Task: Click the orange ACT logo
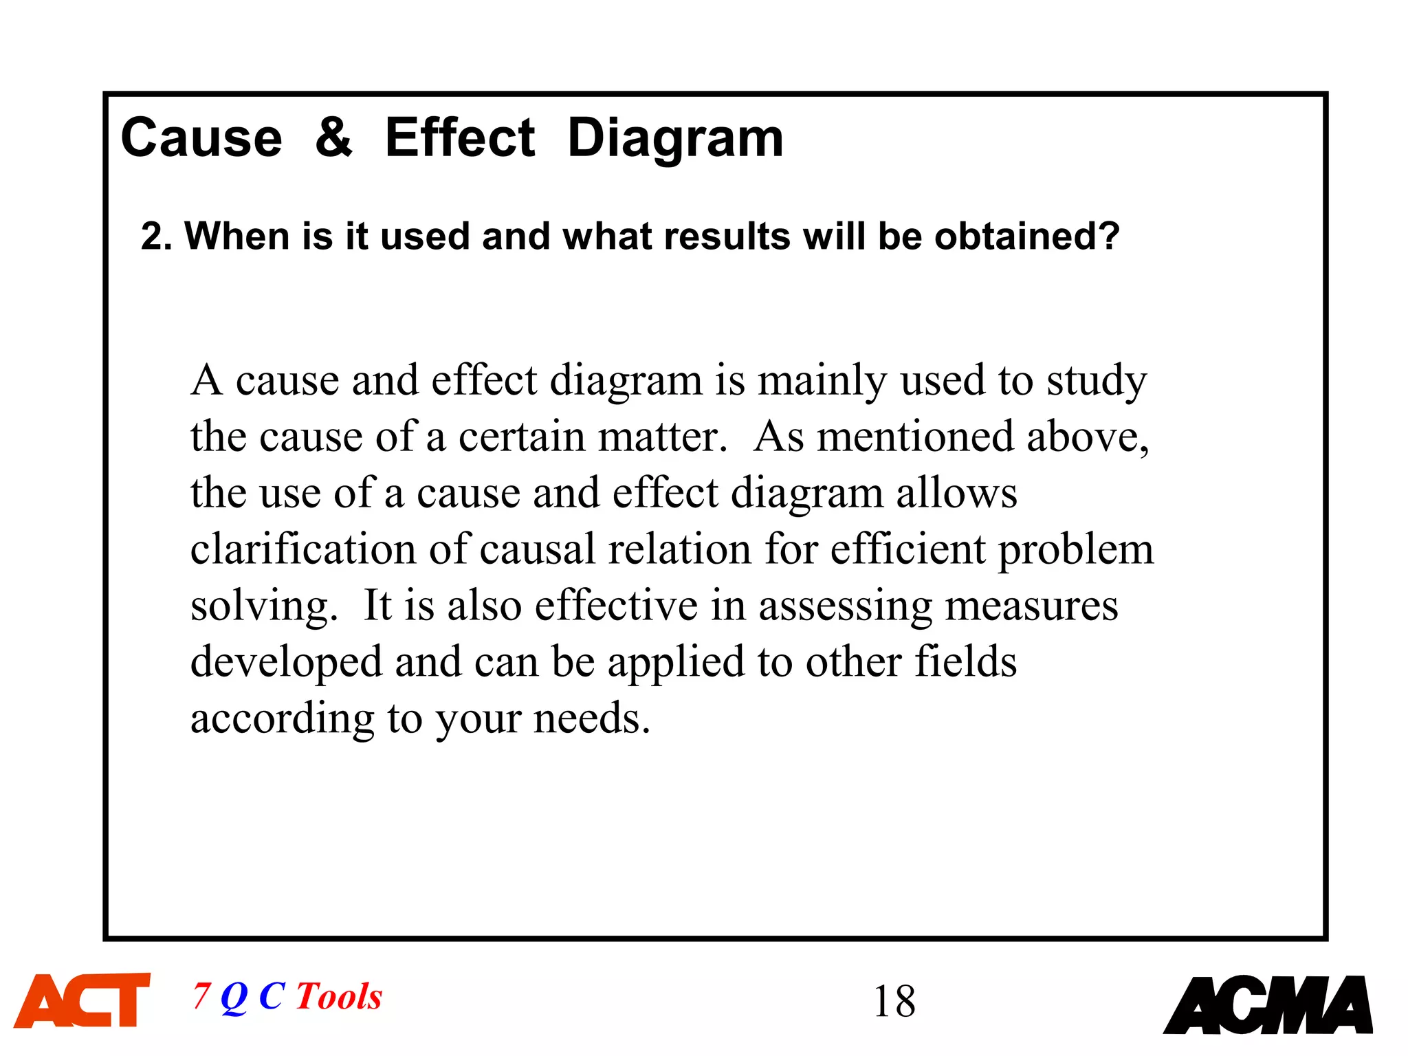(82, 1000)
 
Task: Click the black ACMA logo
(1268, 1004)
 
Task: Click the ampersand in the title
(333, 137)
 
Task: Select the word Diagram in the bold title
(675, 138)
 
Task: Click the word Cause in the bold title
(201, 137)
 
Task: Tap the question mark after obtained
(1109, 236)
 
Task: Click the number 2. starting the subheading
(157, 236)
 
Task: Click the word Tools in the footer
(339, 996)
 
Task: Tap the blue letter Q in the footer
(234, 997)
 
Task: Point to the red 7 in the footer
(201, 996)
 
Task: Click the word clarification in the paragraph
(303, 549)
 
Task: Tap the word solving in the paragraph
(264, 606)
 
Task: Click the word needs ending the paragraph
(591, 718)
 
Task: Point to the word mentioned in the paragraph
(915, 437)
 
